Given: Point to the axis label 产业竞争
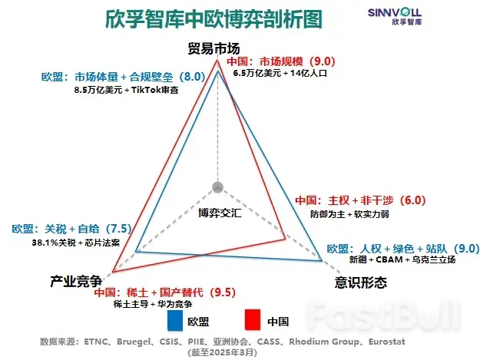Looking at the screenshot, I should pos(76,282).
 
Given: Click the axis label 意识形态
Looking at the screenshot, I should pos(361,282).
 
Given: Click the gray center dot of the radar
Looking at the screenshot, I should pos(217,187).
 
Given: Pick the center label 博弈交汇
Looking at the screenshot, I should pos(220,212).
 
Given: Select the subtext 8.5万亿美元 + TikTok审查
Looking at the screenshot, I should pos(127,90).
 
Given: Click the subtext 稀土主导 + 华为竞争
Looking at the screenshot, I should pos(154,305).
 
